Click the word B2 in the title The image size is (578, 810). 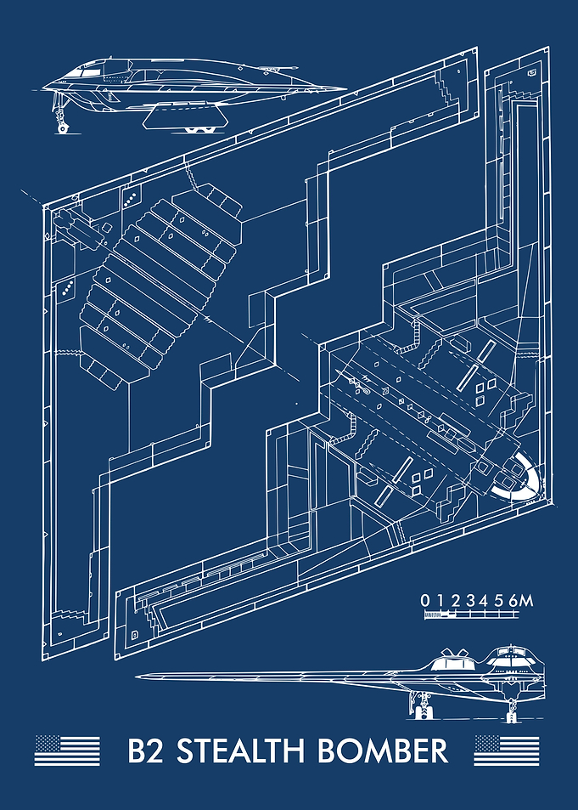coord(145,751)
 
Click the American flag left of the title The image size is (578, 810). coord(67,750)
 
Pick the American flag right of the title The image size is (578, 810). coord(507,750)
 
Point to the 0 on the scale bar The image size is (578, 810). coord(424,601)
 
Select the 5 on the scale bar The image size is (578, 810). coord(499,601)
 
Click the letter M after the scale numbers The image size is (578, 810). coord(526,601)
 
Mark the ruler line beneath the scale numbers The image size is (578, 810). coord(471,615)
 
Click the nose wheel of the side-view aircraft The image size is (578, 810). coord(63,127)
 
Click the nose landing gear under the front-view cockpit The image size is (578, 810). coord(512,708)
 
